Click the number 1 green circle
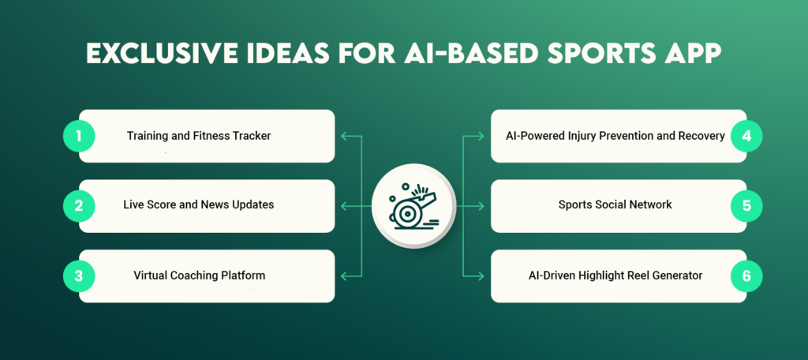pyautogui.click(x=79, y=136)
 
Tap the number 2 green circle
pyautogui.click(x=79, y=206)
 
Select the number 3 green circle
pyautogui.click(x=79, y=276)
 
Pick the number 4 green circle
pyautogui.click(x=746, y=136)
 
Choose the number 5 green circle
pyautogui.click(x=746, y=206)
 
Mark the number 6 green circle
pyautogui.click(x=746, y=276)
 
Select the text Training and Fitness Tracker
pyautogui.click(x=199, y=136)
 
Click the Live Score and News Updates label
pyautogui.click(x=199, y=205)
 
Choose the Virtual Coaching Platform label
pyautogui.click(x=199, y=276)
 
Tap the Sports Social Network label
pyautogui.click(x=615, y=205)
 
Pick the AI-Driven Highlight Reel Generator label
pyautogui.click(x=615, y=276)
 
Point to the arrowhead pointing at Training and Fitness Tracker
pyautogui.click(x=342, y=136)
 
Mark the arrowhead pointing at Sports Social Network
pyautogui.click(x=482, y=206)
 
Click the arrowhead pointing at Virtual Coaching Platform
pyautogui.click(x=342, y=276)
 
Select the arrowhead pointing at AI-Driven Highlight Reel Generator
pyautogui.click(x=482, y=276)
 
